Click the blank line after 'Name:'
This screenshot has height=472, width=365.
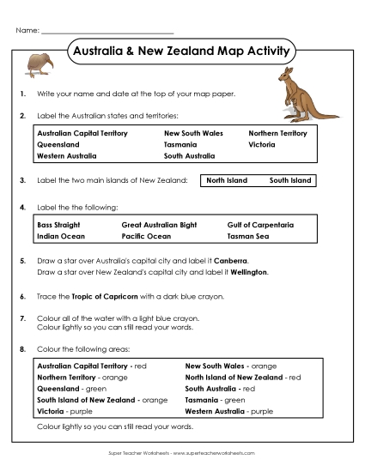click(x=107, y=31)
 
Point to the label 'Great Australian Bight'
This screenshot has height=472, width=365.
click(x=159, y=224)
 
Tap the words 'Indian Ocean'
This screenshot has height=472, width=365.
click(x=61, y=235)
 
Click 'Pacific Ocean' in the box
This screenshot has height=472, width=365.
click(x=146, y=235)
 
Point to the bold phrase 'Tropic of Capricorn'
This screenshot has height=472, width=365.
click(x=106, y=296)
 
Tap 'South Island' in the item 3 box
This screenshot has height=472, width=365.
click(x=289, y=181)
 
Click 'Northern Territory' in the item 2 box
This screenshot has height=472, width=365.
click(x=277, y=134)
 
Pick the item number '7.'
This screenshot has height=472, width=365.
click(x=21, y=318)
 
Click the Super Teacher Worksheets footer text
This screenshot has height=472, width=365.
click(x=182, y=452)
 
